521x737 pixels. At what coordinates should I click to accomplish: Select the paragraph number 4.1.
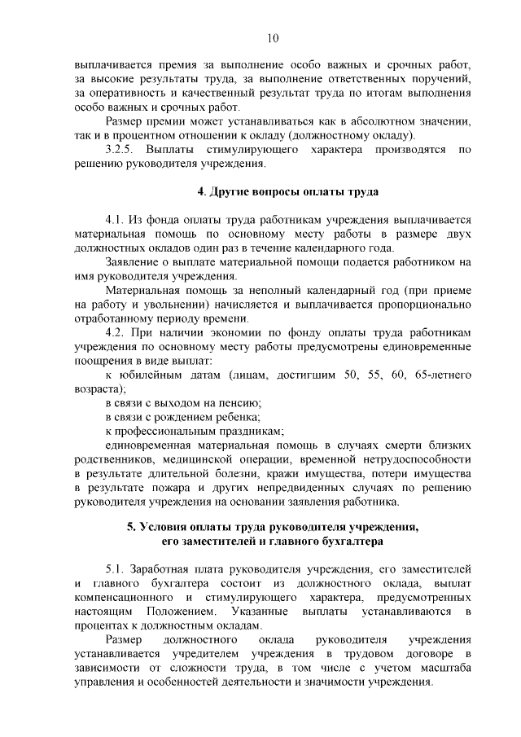[116, 219]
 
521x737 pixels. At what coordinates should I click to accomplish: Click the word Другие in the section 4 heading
[231, 192]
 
